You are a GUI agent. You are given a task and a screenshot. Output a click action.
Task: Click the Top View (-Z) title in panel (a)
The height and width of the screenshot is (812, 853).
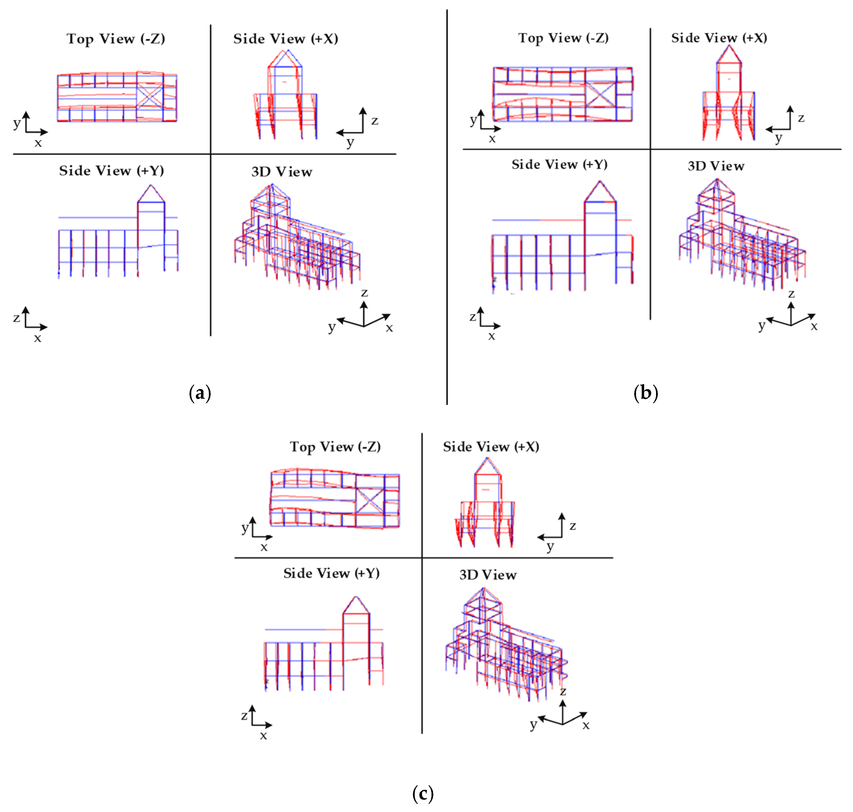(116, 39)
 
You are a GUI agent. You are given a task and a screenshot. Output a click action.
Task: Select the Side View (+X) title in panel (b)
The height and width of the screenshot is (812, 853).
(719, 38)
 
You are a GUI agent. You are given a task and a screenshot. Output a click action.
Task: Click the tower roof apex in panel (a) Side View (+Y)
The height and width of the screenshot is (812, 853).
(151, 186)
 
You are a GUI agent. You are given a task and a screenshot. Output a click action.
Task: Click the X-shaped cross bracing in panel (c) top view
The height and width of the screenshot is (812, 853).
(370, 501)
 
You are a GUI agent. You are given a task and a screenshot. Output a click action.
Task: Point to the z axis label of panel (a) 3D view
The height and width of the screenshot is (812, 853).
(364, 293)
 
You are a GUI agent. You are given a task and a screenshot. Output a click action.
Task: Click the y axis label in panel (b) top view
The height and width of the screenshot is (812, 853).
(473, 120)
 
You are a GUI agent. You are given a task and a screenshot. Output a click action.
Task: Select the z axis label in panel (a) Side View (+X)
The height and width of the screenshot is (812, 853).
(375, 121)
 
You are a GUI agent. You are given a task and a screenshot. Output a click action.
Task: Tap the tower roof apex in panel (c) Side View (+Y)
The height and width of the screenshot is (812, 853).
(356, 597)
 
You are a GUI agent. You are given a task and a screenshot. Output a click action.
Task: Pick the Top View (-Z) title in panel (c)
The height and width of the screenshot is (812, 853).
(335, 447)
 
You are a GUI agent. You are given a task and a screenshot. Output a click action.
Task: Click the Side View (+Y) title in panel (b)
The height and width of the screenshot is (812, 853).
(559, 164)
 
